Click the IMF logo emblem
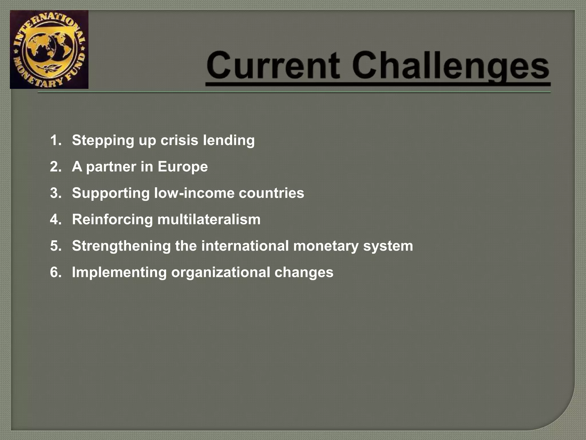tap(49, 50)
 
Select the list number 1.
tap(56, 140)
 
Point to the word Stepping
tap(103, 140)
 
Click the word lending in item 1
tap(229, 140)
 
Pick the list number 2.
tap(56, 167)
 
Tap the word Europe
tap(183, 167)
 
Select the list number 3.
tap(56, 193)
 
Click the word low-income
tap(194, 193)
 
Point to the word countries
tap(271, 193)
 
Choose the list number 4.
tap(56, 219)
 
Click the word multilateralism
tap(209, 219)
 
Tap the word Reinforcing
tap(112, 219)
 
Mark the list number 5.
tap(56, 246)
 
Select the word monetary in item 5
tap(326, 246)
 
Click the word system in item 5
tap(388, 246)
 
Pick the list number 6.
tap(56, 272)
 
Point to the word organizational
tap(221, 272)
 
